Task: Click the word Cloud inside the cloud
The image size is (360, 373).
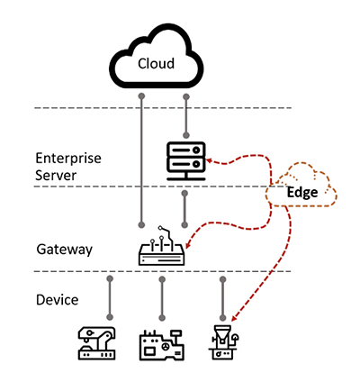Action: (x=156, y=63)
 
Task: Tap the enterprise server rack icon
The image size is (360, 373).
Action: (x=186, y=161)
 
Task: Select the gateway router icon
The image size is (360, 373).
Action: (x=161, y=246)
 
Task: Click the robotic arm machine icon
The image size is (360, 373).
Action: (x=96, y=343)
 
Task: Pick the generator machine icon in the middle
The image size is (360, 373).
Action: (x=161, y=345)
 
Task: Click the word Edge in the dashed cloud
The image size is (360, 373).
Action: (x=302, y=193)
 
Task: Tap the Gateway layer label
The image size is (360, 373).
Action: (x=65, y=250)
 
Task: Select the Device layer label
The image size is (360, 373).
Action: (x=58, y=300)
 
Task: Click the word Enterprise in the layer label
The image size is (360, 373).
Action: (x=68, y=159)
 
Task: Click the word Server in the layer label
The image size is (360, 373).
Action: (x=56, y=175)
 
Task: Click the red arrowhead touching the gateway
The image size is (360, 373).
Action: (x=188, y=244)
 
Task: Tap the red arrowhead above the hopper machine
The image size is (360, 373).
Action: (x=235, y=318)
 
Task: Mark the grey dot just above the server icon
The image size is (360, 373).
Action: (x=186, y=135)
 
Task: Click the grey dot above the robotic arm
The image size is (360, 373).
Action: (x=110, y=278)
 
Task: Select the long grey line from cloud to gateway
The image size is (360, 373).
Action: (x=141, y=160)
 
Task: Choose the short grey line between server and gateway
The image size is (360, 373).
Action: (x=184, y=209)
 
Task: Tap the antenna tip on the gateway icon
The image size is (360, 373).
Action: (x=160, y=228)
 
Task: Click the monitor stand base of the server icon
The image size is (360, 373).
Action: (x=186, y=179)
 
